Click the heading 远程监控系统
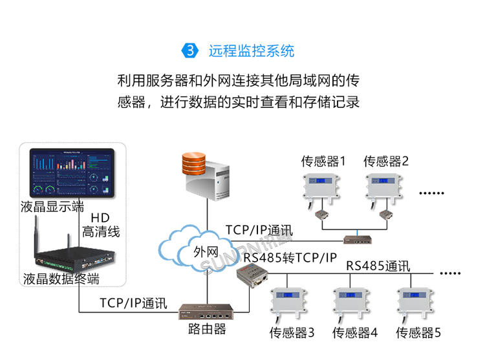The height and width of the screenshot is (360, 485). click(252, 50)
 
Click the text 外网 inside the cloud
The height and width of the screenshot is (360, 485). click(206, 251)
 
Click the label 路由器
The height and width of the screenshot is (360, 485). click(207, 330)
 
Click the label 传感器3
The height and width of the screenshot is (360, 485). click(292, 334)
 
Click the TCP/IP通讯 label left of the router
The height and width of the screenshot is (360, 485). click(133, 302)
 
